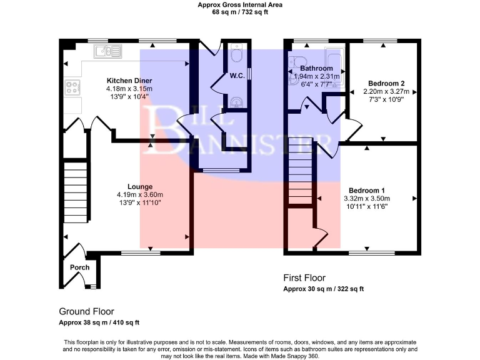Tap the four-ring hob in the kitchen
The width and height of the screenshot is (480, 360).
click(71, 87)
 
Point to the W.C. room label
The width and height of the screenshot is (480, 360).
click(236, 76)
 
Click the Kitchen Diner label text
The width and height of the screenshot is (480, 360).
click(129, 81)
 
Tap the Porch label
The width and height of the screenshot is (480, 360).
click(79, 267)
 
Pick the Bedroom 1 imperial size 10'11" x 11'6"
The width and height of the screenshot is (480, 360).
click(366, 206)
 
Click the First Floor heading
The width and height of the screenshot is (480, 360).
click(304, 278)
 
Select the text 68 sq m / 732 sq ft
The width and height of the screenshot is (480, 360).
click(240, 12)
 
